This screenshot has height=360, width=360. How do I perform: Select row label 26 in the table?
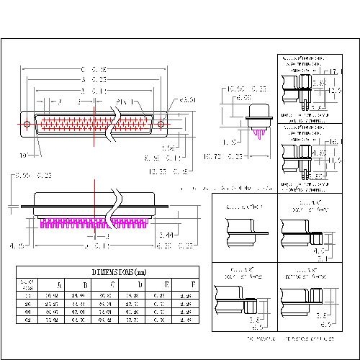(28, 303)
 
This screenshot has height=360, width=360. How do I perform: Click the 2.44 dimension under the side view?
(164, 235)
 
